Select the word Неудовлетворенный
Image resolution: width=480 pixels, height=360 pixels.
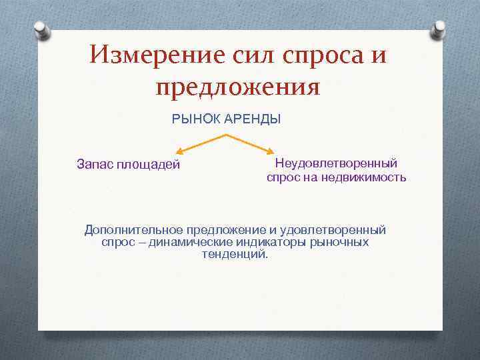tap(337, 163)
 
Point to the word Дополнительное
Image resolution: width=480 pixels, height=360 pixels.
tap(134, 230)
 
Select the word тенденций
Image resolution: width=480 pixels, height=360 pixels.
tap(234, 255)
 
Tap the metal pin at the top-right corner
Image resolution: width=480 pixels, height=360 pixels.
tap(440, 29)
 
